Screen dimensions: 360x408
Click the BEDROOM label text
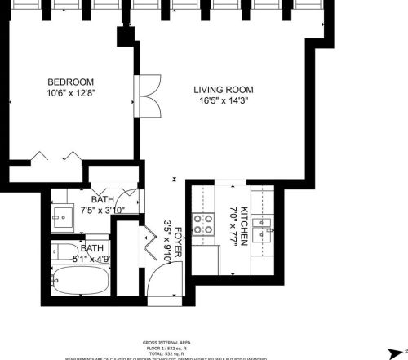[x=70, y=82]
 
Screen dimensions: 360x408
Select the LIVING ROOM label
[x=223, y=90]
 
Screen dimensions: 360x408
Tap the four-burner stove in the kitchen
[x=202, y=224]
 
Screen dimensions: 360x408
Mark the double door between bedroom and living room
[x=147, y=96]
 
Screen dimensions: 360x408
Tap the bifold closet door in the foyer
[x=149, y=242]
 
